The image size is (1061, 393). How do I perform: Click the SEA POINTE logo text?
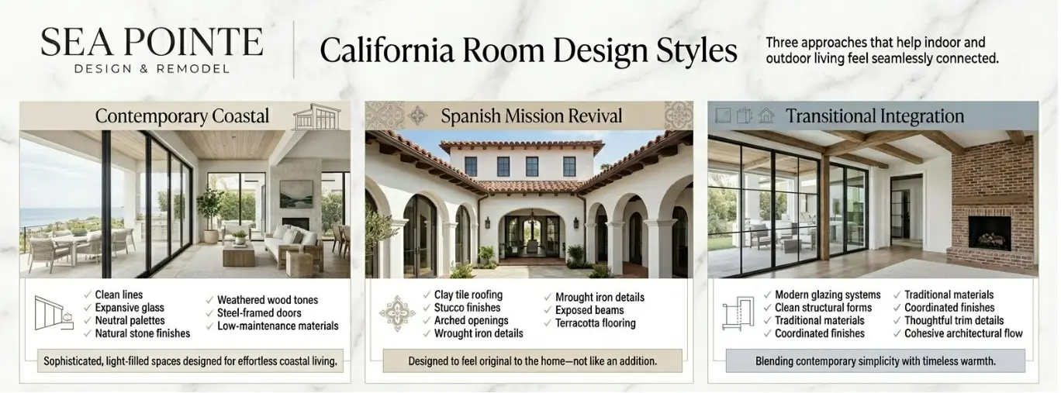click(x=152, y=42)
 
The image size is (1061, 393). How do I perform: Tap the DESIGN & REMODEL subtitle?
click(x=152, y=69)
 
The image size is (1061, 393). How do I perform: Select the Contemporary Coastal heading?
click(x=182, y=116)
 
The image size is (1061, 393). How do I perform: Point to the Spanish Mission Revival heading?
click(x=531, y=116)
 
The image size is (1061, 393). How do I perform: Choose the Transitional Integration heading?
click(x=875, y=116)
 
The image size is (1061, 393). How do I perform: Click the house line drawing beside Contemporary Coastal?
click(x=316, y=116)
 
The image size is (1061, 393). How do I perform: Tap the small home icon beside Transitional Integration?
click(x=766, y=115)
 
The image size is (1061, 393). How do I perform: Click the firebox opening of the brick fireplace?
click(x=990, y=233)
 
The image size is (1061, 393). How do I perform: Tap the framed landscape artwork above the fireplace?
click(x=296, y=194)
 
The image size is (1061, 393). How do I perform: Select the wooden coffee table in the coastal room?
click(x=239, y=254)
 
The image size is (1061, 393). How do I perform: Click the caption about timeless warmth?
click(x=876, y=361)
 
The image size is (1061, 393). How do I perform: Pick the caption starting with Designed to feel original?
click(x=532, y=361)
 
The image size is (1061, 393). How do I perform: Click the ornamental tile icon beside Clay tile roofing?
click(x=397, y=313)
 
